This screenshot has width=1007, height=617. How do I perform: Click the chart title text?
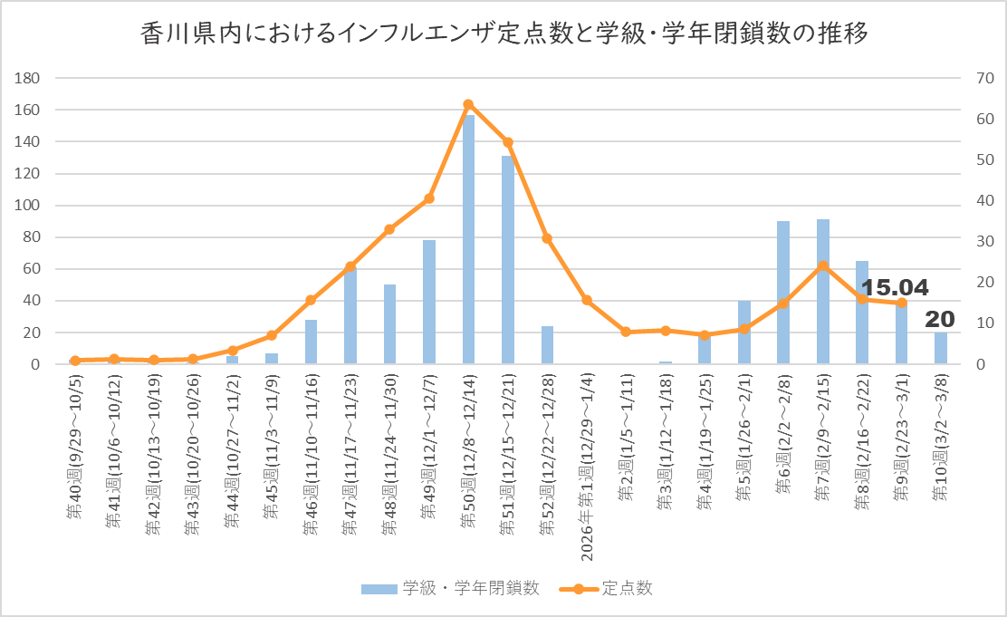504,34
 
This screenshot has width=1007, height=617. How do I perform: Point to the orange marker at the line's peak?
468,104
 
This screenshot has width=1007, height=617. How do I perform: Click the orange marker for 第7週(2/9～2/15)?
822,265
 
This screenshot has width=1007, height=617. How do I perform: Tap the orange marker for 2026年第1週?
587,300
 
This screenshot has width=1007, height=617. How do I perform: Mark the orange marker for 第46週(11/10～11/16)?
311,300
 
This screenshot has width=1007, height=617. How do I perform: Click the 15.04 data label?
895,288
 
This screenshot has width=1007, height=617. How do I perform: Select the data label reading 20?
940,318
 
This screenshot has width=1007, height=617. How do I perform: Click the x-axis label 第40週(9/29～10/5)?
75,445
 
